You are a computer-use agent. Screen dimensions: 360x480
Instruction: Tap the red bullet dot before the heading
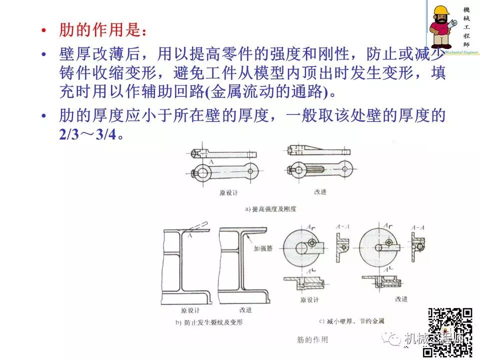point(44,31)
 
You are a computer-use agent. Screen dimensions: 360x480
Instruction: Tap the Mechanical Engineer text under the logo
point(453,52)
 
